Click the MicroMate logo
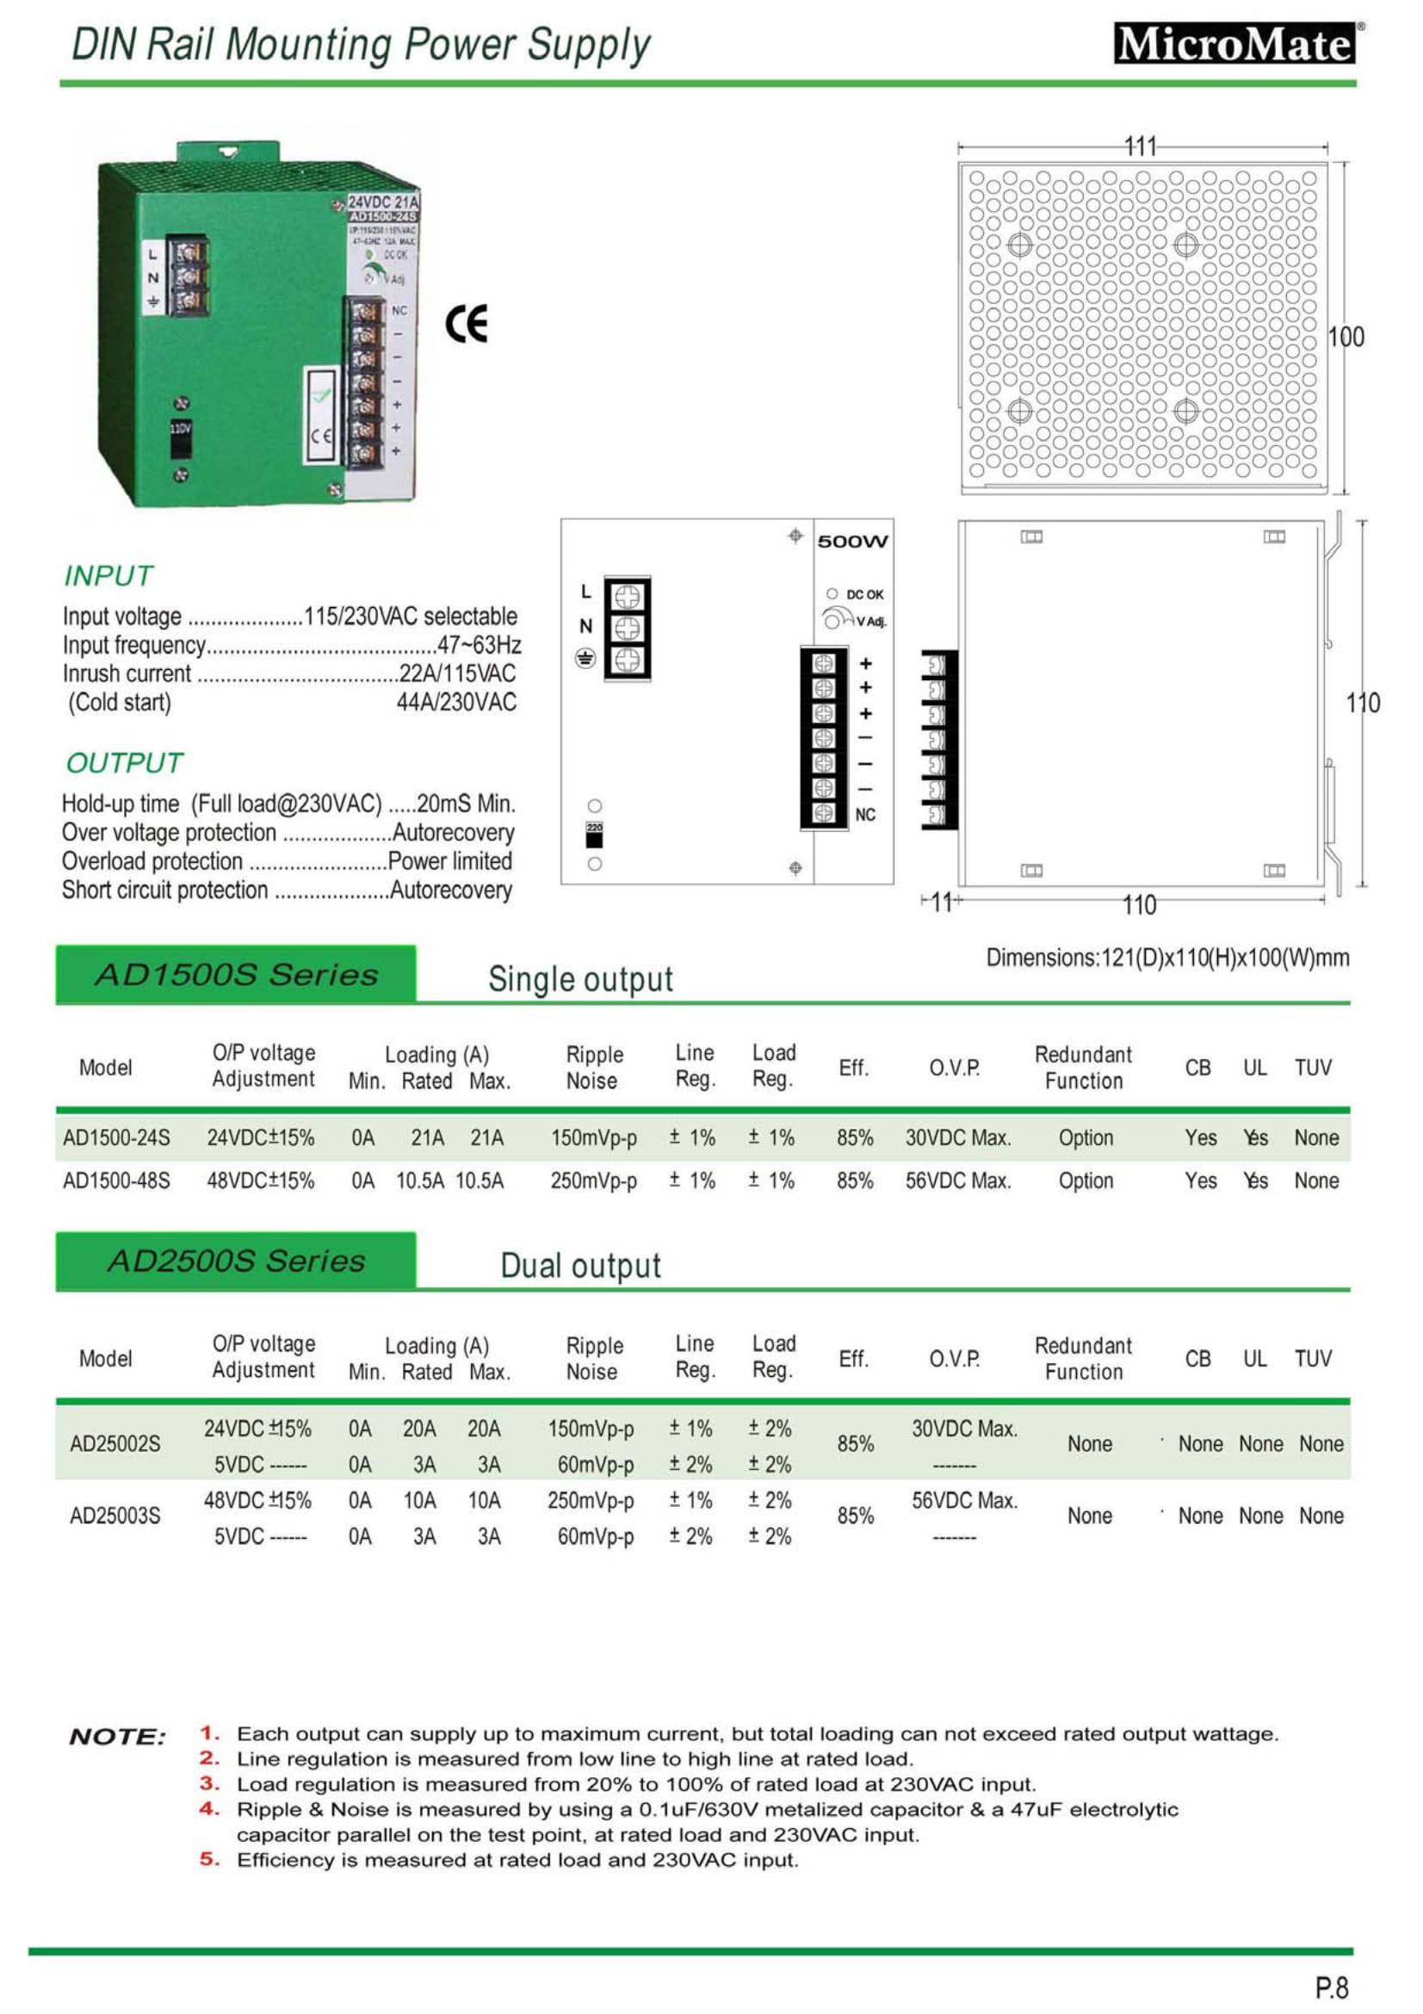(1234, 44)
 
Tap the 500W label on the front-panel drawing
(852, 542)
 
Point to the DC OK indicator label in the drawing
(863, 595)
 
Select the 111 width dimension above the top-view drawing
(1141, 146)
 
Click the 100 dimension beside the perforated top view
(1346, 337)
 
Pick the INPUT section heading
(108, 576)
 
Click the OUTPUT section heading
(125, 763)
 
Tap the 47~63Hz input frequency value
(479, 645)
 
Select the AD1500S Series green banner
(236, 975)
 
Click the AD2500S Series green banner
(236, 1261)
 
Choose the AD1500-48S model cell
(116, 1181)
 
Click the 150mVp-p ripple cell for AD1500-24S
(594, 1137)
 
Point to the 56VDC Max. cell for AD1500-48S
(957, 1181)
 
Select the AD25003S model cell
(114, 1515)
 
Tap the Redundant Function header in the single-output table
(1083, 1067)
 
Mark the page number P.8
(1331, 1987)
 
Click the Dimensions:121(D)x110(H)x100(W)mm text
(1167, 957)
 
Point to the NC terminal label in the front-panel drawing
(864, 815)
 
